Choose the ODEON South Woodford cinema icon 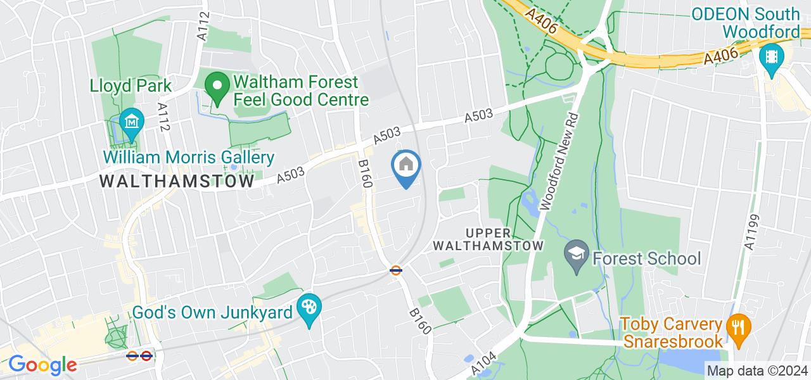coord(771,58)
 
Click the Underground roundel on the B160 coord(396,270)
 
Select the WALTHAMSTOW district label coord(177,181)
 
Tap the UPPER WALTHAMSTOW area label coord(505,239)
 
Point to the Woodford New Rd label coord(558,162)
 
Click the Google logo coord(42,365)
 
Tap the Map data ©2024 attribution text coord(758,370)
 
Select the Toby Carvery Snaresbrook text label coord(671,332)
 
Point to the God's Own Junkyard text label coord(212,312)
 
